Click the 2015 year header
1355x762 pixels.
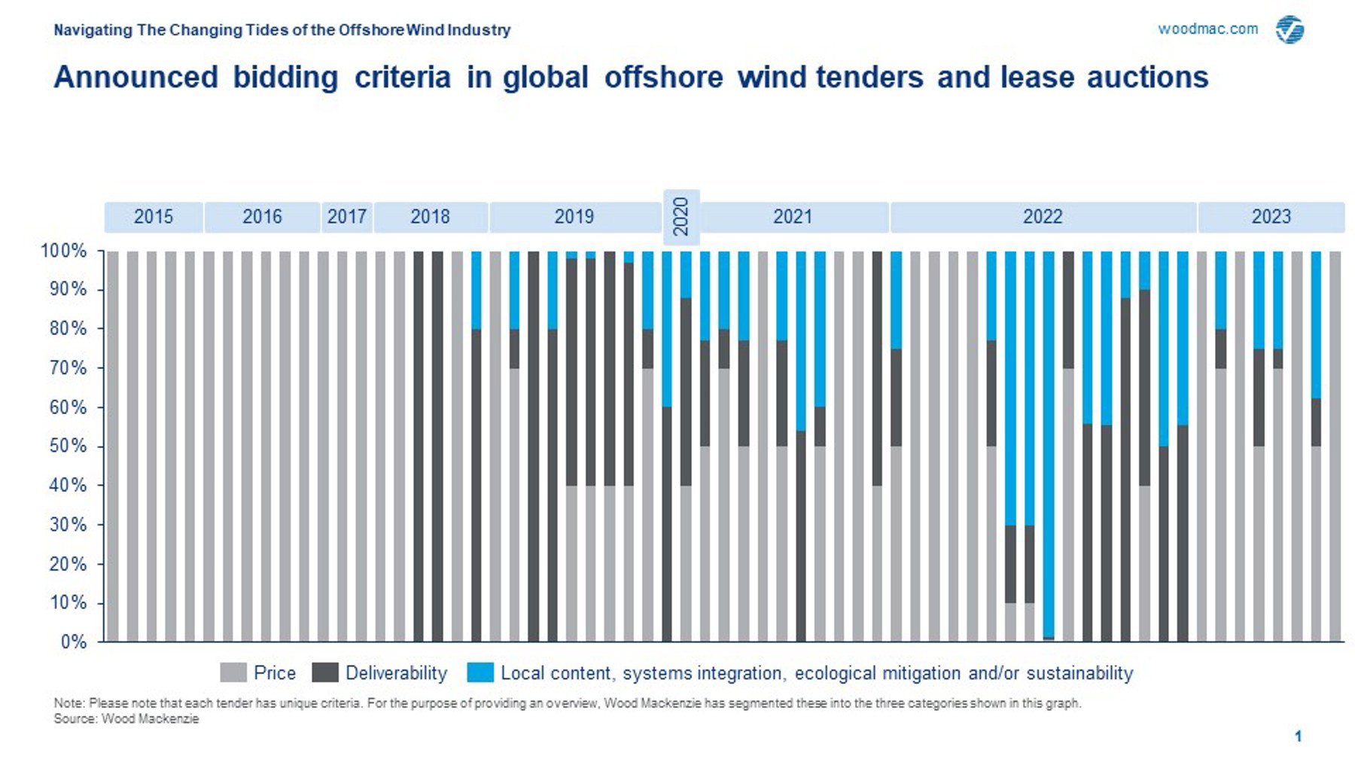154,217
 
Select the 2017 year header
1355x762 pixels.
346,217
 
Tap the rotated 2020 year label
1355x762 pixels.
681,217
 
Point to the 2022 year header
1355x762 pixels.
1042,217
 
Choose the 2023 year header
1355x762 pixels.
1271,217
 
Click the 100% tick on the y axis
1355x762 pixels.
63,251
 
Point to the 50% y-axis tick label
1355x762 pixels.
67,447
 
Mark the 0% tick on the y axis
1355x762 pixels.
73,642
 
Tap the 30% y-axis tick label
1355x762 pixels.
67,525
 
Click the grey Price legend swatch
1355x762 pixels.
233,672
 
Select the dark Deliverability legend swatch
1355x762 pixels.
325,672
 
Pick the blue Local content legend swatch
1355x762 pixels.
480,672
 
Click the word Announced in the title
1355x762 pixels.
135,78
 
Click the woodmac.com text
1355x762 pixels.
1207,29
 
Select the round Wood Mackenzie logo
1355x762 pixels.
1290,30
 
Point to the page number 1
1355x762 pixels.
1298,736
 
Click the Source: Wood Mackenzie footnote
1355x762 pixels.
126,719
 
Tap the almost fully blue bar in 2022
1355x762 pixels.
1049,444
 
